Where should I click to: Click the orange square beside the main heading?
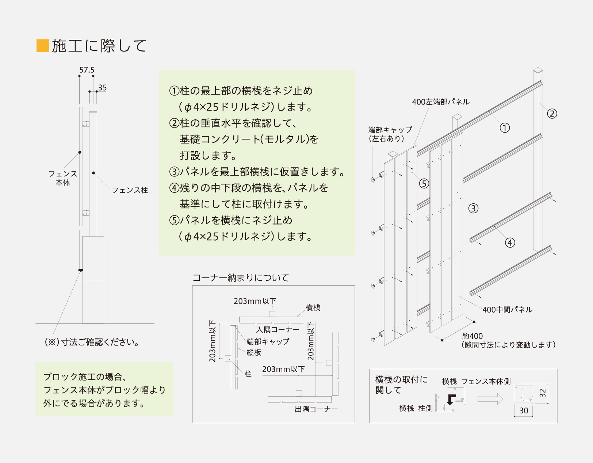43,46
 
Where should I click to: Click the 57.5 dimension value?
87,70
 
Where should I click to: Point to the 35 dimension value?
103,88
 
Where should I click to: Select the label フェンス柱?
130,190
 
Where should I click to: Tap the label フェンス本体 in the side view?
63,178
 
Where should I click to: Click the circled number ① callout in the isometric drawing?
505,128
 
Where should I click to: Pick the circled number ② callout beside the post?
552,114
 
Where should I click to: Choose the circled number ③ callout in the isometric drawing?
473,208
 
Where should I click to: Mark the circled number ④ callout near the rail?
510,242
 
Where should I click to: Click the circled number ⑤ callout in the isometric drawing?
424,183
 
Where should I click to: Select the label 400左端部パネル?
441,102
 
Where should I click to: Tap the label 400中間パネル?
507,310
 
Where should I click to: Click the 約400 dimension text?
473,336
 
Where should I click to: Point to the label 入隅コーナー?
278,330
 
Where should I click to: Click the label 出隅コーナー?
316,409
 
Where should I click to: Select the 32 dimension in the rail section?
543,393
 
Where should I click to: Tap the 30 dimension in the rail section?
524,410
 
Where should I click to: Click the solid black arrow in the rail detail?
451,399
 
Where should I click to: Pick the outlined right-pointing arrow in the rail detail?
490,399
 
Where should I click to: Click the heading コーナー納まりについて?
241,278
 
